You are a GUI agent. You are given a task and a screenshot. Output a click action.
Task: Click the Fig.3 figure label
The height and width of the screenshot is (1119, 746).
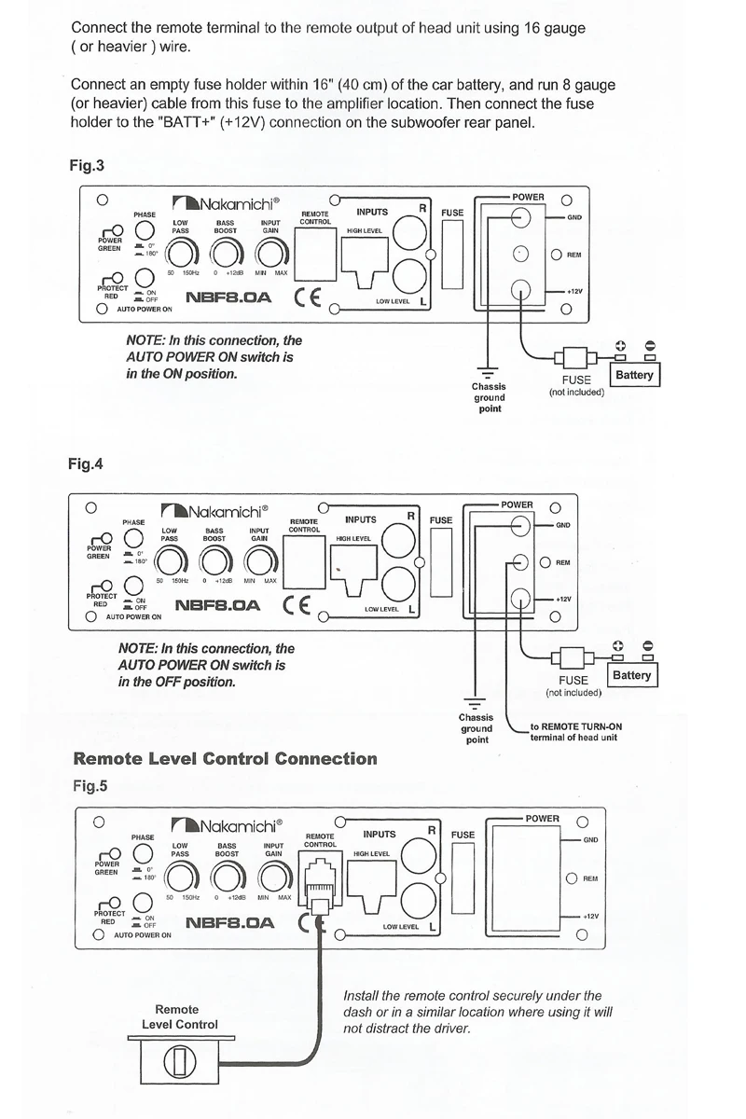[x=87, y=167]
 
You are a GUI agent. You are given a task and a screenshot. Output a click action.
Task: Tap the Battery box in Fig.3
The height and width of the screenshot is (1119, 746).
[x=635, y=375]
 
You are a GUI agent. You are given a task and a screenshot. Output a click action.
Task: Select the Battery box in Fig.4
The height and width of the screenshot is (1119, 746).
[x=632, y=674]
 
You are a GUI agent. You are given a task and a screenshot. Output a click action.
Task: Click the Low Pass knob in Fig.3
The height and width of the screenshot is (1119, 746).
[x=181, y=253]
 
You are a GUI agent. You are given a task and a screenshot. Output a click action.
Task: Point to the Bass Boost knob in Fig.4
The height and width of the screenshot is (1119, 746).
[x=214, y=560]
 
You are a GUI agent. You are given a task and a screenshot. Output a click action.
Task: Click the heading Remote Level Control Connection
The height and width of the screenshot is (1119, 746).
[x=225, y=758]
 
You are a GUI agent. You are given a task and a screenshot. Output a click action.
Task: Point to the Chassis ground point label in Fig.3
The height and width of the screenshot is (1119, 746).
[x=490, y=398]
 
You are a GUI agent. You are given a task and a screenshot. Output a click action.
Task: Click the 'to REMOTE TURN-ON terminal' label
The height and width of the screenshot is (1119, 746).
[x=574, y=731]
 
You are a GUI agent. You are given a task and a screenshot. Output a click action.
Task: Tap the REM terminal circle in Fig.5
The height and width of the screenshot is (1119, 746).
[x=571, y=878]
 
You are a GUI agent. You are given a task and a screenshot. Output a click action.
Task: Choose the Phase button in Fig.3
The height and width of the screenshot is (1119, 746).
[x=145, y=231]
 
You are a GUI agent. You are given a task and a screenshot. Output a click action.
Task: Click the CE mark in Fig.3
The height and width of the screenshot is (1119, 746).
[x=308, y=298]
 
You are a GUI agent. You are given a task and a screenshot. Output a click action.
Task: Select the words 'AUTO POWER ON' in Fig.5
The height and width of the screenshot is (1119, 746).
[x=143, y=933]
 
